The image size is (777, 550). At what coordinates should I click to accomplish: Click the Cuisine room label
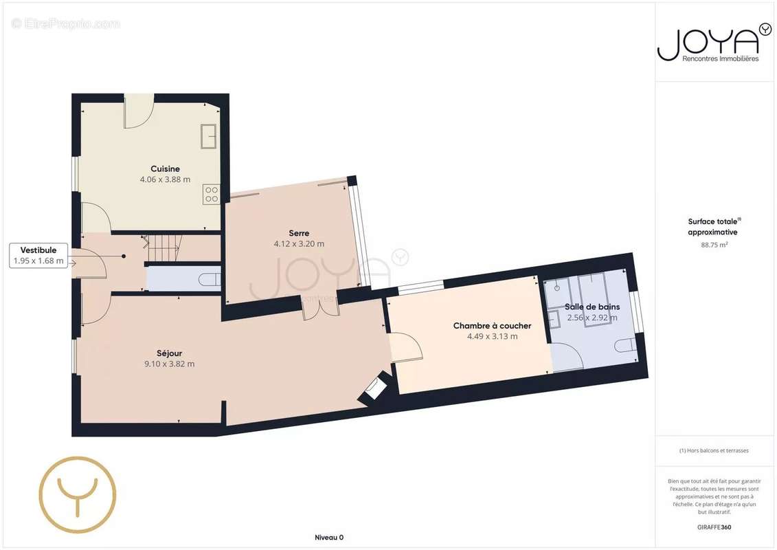click(x=165, y=168)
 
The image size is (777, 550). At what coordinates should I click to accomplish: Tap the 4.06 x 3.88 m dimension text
click(x=165, y=179)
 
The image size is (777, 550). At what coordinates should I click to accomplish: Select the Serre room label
click(x=299, y=233)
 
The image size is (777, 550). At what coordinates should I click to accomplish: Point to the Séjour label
click(x=170, y=353)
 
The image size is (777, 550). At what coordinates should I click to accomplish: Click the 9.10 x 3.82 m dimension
click(x=170, y=364)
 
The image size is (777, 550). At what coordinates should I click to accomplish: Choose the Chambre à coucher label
click(x=492, y=326)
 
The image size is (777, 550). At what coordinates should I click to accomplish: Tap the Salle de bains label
click(x=592, y=307)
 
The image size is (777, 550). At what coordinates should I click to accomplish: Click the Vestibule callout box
click(x=38, y=256)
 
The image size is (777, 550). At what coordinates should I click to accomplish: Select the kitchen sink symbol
click(x=209, y=136)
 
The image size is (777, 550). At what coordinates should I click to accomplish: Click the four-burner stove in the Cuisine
click(x=212, y=194)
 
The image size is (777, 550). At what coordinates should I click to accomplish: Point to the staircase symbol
click(x=162, y=247)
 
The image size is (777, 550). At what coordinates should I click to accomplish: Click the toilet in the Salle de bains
click(x=626, y=344)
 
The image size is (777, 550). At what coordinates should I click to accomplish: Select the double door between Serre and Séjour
click(x=321, y=307)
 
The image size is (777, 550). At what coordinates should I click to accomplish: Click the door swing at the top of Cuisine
click(x=139, y=111)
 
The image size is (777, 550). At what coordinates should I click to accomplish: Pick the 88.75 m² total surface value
click(x=714, y=245)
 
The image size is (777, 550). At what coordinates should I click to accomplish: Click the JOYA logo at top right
click(x=714, y=43)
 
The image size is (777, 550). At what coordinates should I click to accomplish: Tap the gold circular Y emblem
click(x=78, y=494)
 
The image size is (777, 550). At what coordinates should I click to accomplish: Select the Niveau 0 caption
click(x=329, y=538)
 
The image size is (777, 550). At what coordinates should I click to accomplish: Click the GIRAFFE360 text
click(x=714, y=527)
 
